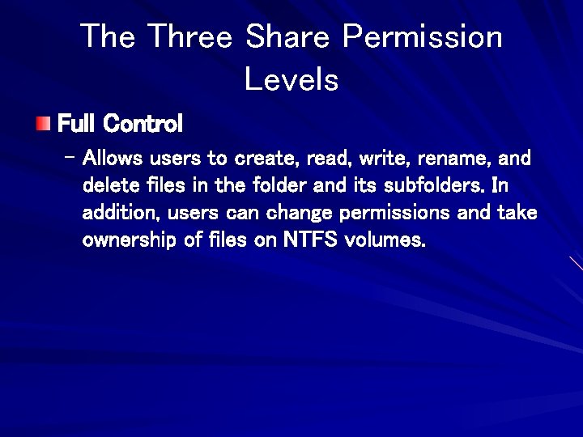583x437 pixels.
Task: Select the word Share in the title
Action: pyautogui.click(x=287, y=36)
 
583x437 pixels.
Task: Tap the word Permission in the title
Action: pyautogui.click(x=422, y=36)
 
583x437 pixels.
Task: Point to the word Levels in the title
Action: pyautogui.click(x=291, y=79)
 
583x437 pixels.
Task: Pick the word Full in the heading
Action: pyautogui.click(x=78, y=124)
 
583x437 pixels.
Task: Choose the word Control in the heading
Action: pyautogui.click(x=143, y=124)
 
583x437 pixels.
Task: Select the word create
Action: pyautogui.click(x=265, y=157)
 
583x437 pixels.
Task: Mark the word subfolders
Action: pyautogui.click(x=434, y=185)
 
